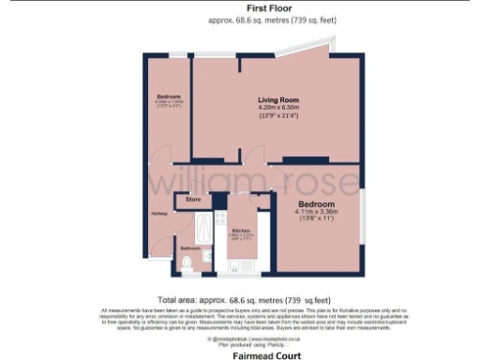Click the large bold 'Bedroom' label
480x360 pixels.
[316, 203]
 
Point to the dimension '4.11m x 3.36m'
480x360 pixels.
[317, 214]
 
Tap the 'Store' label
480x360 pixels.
[193, 200]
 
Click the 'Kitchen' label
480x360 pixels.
[240, 228]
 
